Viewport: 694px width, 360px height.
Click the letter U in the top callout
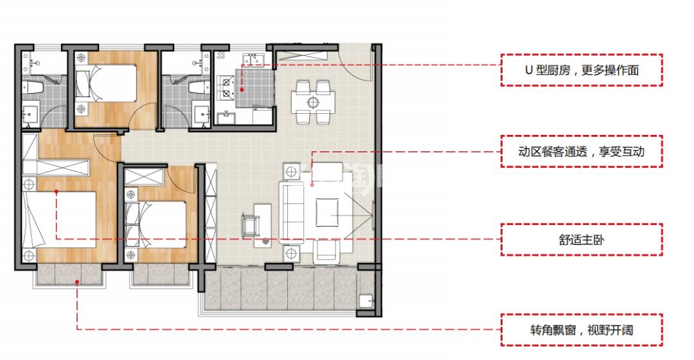pyautogui.click(x=528, y=71)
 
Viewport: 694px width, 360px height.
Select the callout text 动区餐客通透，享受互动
pyautogui.click(x=581, y=152)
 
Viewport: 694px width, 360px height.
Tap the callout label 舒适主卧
pyautogui.click(x=582, y=240)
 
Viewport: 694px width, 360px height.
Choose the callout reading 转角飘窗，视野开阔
pyautogui.click(x=582, y=330)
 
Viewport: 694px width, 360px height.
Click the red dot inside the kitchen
pyautogui.click(x=242, y=89)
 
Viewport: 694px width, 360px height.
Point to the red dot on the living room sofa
pyautogui.click(x=312, y=184)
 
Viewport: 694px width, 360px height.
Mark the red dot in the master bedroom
pyautogui.click(x=57, y=192)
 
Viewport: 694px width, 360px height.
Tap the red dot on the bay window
pyautogui.click(x=77, y=281)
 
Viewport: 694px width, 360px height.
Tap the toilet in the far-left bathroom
pyautogui.click(x=34, y=87)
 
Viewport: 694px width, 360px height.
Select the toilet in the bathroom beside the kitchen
pyautogui.click(x=199, y=87)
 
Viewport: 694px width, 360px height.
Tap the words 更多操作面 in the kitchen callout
pyautogui.click(x=610, y=71)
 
